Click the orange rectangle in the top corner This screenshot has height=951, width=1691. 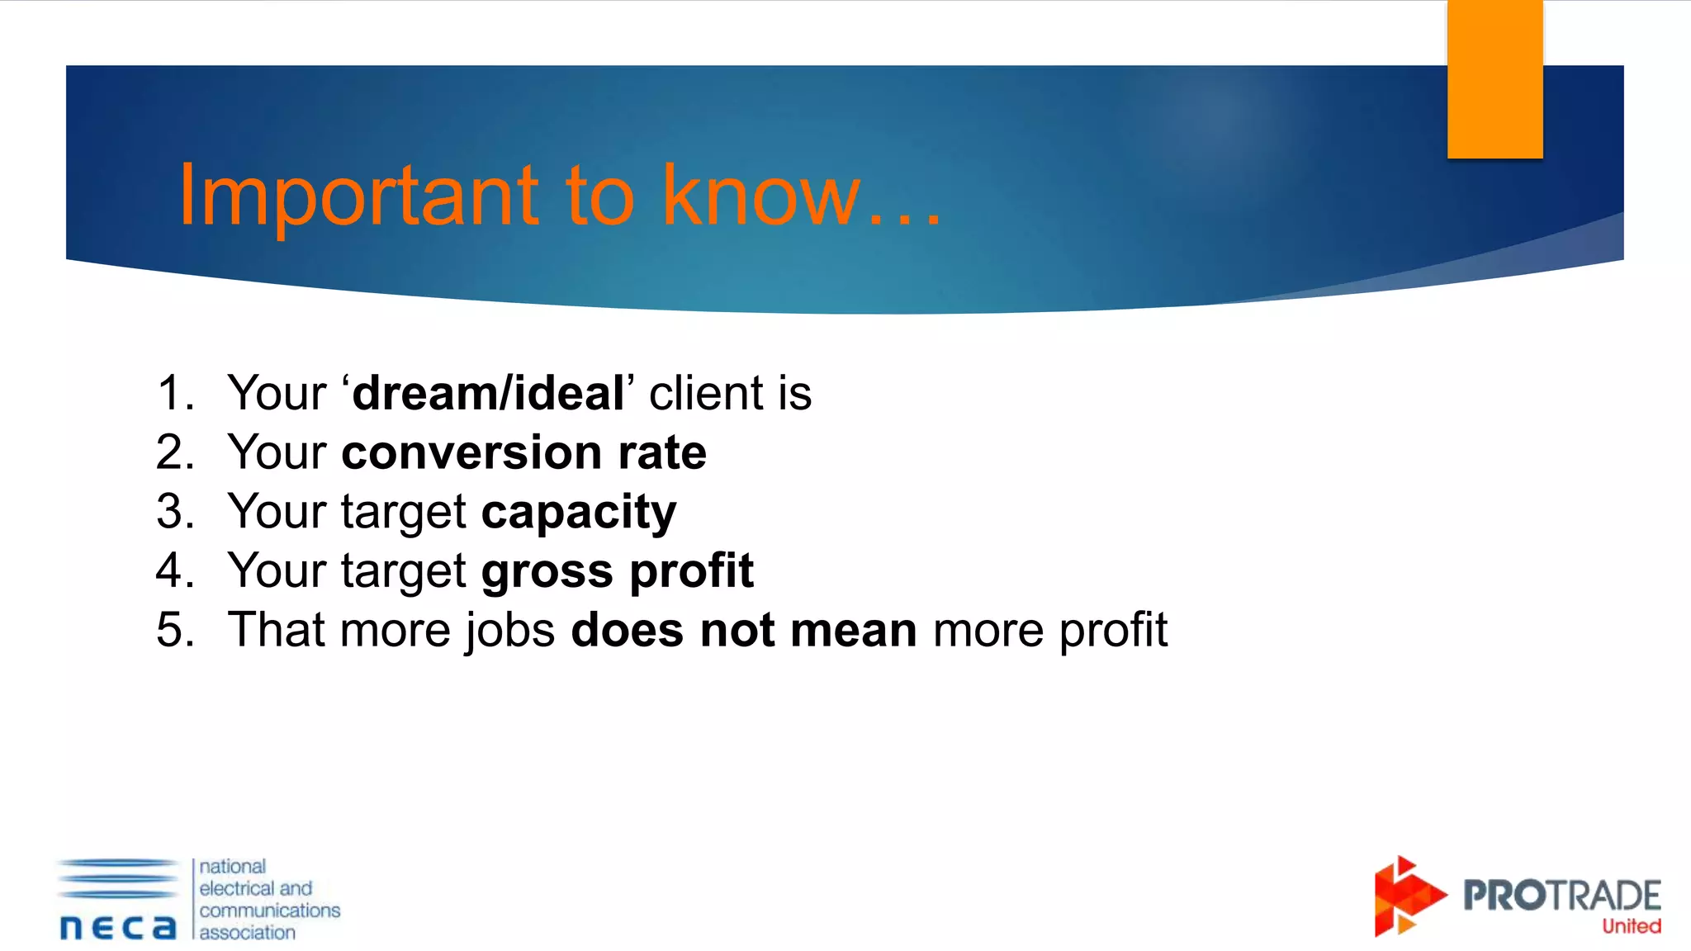1494,78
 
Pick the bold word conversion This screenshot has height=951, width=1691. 471,452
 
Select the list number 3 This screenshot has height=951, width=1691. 174,511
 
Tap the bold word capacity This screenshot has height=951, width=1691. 579,513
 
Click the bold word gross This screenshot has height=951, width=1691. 547,571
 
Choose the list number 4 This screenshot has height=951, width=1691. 174,570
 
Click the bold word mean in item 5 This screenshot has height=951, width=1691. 853,630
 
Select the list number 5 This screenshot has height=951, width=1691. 174,630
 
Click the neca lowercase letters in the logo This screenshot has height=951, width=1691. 118,927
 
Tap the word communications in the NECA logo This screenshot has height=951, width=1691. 269,911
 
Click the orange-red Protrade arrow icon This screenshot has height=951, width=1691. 1406,897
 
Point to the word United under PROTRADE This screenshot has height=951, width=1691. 1631,926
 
